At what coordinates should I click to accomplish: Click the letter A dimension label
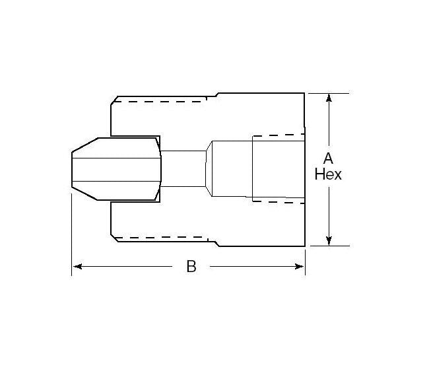328,158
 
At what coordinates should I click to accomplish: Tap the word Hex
328,175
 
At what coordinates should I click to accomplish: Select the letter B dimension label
191,267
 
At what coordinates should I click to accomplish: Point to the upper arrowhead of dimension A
329,99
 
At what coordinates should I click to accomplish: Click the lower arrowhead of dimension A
329,240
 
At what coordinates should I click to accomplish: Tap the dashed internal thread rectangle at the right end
277,169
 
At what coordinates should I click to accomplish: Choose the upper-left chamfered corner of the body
114,100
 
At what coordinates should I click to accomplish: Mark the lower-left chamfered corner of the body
114,238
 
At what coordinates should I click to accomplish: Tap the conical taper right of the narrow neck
209,169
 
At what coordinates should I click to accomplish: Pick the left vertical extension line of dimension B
71,231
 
